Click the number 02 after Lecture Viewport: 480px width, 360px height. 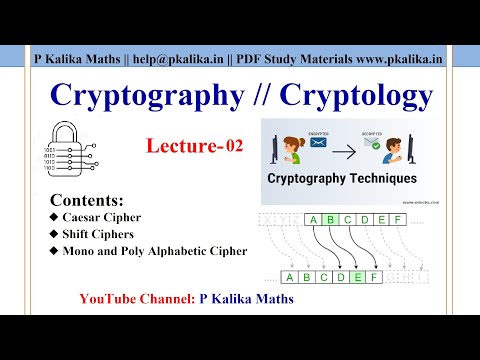point(233,147)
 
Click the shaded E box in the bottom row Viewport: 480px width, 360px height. point(357,277)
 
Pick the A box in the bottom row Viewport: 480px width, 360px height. point(290,277)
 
